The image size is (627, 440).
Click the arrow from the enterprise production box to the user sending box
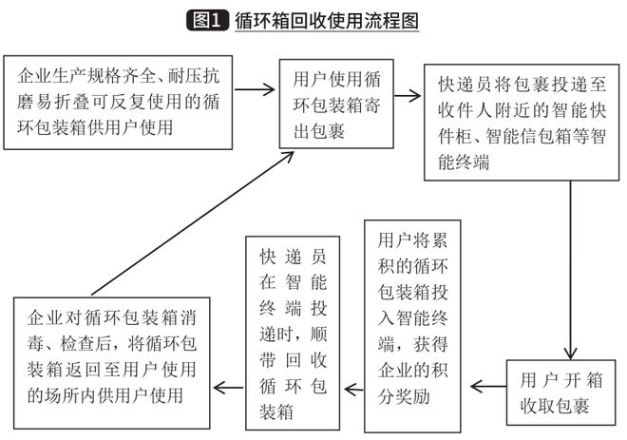pyautogui.click(x=255, y=92)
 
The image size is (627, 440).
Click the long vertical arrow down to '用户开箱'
pyautogui.click(x=569, y=266)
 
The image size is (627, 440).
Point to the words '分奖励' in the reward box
pyautogui.click(x=405, y=397)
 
